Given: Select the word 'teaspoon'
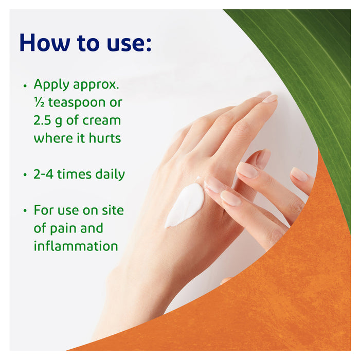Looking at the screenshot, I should [x=77, y=103].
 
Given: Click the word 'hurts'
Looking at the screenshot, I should [x=106, y=138].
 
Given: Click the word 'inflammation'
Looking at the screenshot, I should [x=76, y=246].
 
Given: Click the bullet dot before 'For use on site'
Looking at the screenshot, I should [x=25, y=211].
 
